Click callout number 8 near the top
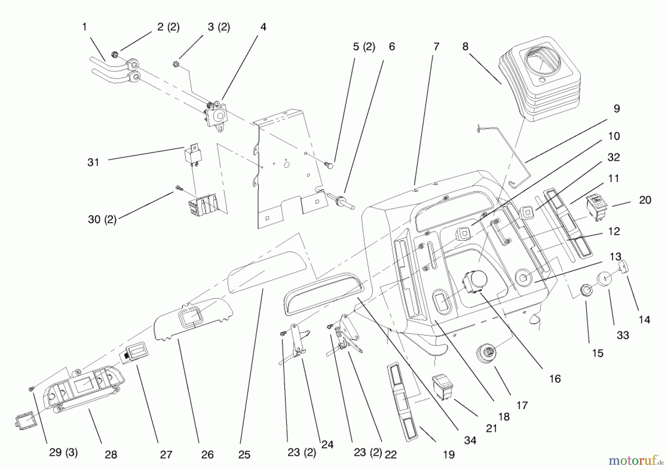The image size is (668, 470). (465, 46)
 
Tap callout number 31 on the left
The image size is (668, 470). (93, 162)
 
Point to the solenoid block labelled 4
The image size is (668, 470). (216, 116)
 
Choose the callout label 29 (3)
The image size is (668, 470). (63, 453)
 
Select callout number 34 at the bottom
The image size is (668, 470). (470, 440)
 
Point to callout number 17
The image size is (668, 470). (522, 405)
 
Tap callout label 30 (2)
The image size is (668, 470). (102, 220)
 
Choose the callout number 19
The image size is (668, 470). (449, 454)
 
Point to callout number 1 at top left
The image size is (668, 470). (84, 27)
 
